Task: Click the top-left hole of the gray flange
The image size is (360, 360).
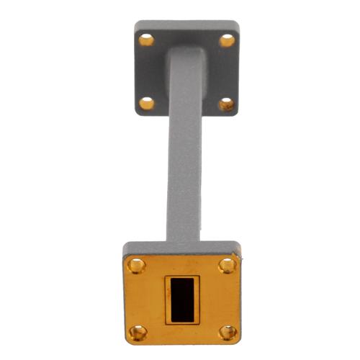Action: [x=146, y=40]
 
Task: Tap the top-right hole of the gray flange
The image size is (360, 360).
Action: [x=227, y=40]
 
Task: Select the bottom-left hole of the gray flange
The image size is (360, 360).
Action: [x=146, y=104]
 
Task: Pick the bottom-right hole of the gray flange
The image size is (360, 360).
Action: [x=226, y=104]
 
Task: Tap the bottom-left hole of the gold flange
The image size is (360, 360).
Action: [x=137, y=332]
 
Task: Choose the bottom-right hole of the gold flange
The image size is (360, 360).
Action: [x=228, y=332]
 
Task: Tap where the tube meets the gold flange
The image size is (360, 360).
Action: [x=184, y=243]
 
